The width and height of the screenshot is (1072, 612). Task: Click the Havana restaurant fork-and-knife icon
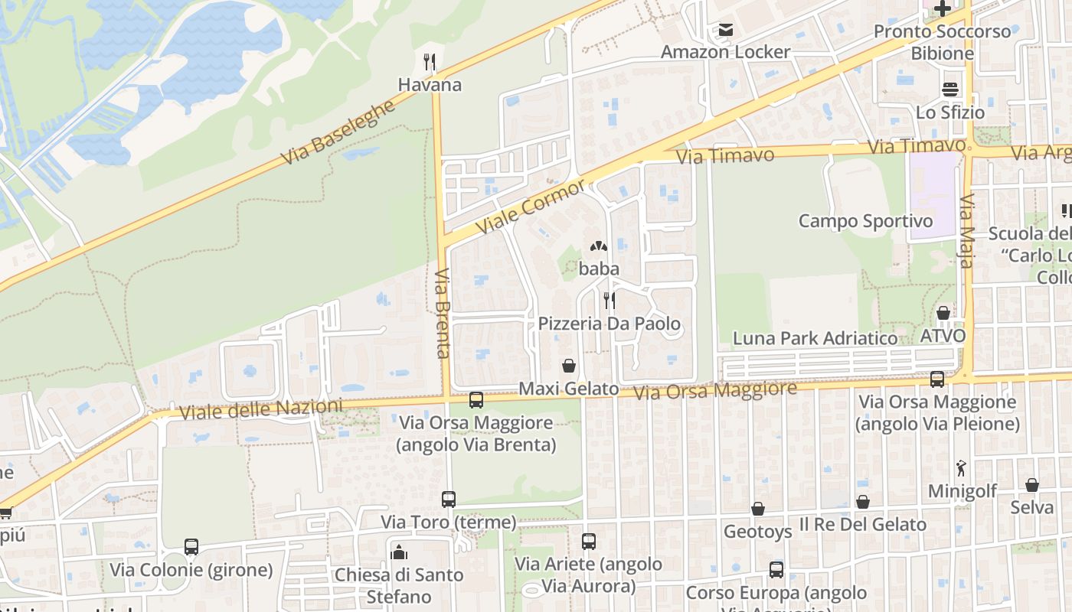430,62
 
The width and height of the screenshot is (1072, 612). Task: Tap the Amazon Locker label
725,52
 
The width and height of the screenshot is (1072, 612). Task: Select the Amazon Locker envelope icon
725,31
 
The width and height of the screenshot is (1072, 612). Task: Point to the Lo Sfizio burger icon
950,90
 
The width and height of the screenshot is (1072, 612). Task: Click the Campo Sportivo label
865,221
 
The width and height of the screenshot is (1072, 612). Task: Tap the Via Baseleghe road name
338,132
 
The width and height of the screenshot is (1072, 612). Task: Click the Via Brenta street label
442,314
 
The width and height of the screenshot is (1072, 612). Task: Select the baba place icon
599,247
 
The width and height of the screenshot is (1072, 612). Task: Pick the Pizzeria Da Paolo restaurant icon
610,300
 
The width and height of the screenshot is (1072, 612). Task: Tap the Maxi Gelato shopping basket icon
569,366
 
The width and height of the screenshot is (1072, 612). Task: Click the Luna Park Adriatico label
815,338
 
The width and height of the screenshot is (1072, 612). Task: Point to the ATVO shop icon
943,314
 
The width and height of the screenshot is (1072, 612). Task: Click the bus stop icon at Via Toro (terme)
449,500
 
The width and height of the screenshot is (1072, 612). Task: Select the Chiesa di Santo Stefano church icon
398,552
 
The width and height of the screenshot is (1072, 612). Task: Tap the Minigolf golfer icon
961,467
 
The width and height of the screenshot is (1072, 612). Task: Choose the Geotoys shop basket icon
757,509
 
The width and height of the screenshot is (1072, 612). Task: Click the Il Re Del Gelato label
863,525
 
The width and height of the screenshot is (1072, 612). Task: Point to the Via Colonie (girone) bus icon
191,547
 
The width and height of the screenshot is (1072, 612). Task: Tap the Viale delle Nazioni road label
260,409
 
